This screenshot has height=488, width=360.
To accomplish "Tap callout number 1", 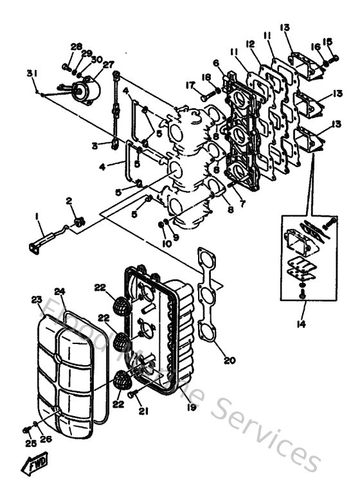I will [37, 217].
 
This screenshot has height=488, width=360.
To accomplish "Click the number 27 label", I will [107, 64].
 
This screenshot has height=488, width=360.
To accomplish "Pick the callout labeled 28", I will [76, 46].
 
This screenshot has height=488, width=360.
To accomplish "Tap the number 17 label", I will [189, 85].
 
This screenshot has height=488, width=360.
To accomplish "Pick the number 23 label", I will [36, 300].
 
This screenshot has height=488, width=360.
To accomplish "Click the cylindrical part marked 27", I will [86, 89].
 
